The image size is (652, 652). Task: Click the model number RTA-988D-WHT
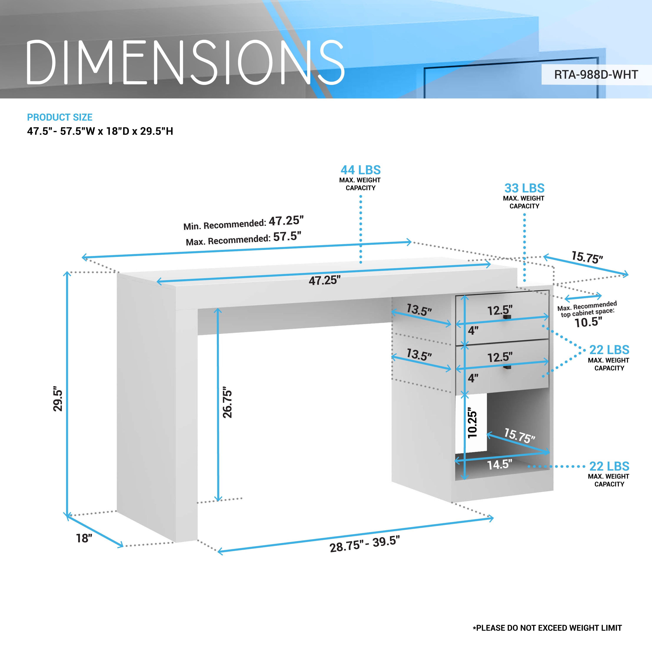point(596,75)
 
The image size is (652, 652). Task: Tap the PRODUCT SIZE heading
point(60,117)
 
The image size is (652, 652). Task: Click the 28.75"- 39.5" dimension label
point(364,544)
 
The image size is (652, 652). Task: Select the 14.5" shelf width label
point(499,465)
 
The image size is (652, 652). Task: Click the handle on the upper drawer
point(507,317)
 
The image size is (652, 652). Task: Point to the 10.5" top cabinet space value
point(588,322)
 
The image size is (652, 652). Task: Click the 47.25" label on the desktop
point(325,280)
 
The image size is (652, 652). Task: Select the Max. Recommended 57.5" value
point(287,237)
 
